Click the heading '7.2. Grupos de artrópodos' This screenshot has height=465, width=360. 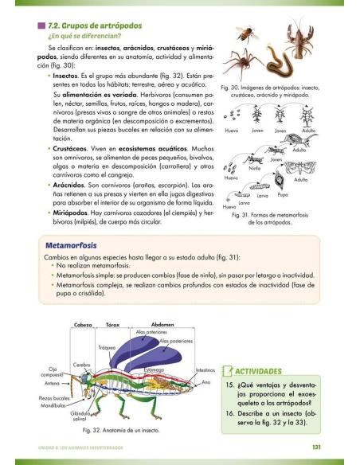point(100,25)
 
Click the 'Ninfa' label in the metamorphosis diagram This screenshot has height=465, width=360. point(255,169)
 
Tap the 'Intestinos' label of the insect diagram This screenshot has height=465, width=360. point(205,369)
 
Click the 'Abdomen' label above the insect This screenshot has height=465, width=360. point(163,325)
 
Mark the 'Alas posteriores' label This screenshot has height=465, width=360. point(177,341)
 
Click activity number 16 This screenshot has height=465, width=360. point(229,414)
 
